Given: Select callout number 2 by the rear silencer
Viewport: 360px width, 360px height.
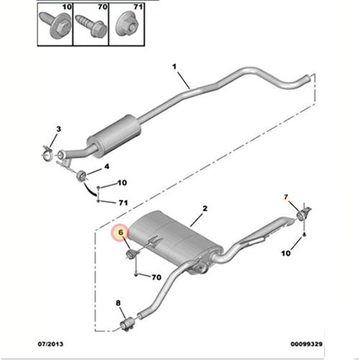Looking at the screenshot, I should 205,209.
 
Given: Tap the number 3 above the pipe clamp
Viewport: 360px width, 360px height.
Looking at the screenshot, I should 59,128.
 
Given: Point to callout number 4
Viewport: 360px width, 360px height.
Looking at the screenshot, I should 107,168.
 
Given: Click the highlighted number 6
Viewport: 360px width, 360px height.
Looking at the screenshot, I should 121,233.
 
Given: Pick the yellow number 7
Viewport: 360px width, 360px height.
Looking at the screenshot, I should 285,197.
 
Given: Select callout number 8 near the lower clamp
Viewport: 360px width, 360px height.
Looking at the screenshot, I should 119,305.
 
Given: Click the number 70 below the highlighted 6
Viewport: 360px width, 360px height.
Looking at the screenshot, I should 156,277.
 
